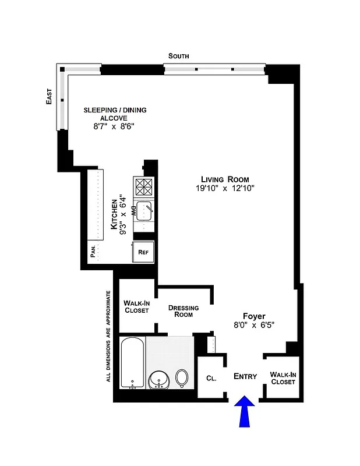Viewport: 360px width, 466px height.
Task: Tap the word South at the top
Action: click(x=178, y=56)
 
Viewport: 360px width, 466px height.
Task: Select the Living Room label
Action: click(x=225, y=179)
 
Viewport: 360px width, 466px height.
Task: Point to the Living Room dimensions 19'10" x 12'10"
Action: click(x=225, y=188)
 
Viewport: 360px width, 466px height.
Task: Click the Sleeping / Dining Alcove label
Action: click(x=115, y=114)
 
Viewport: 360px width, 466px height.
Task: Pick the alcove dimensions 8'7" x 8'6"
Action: click(x=115, y=126)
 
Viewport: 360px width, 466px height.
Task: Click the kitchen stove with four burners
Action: click(x=144, y=187)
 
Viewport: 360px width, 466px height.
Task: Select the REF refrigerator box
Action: click(x=144, y=252)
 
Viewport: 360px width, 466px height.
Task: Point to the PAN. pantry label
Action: click(x=93, y=252)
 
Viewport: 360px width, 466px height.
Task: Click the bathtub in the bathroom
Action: click(x=132, y=363)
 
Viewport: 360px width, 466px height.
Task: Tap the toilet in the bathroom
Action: click(x=182, y=378)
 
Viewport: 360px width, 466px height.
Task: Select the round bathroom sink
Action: click(x=158, y=380)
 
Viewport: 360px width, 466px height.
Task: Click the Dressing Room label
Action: click(x=183, y=311)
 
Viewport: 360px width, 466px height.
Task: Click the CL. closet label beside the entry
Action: click(x=211, y=378)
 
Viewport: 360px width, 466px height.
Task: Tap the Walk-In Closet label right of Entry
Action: click(x=283, y=378)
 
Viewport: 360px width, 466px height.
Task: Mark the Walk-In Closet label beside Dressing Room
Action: click(x=136, y=306)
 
